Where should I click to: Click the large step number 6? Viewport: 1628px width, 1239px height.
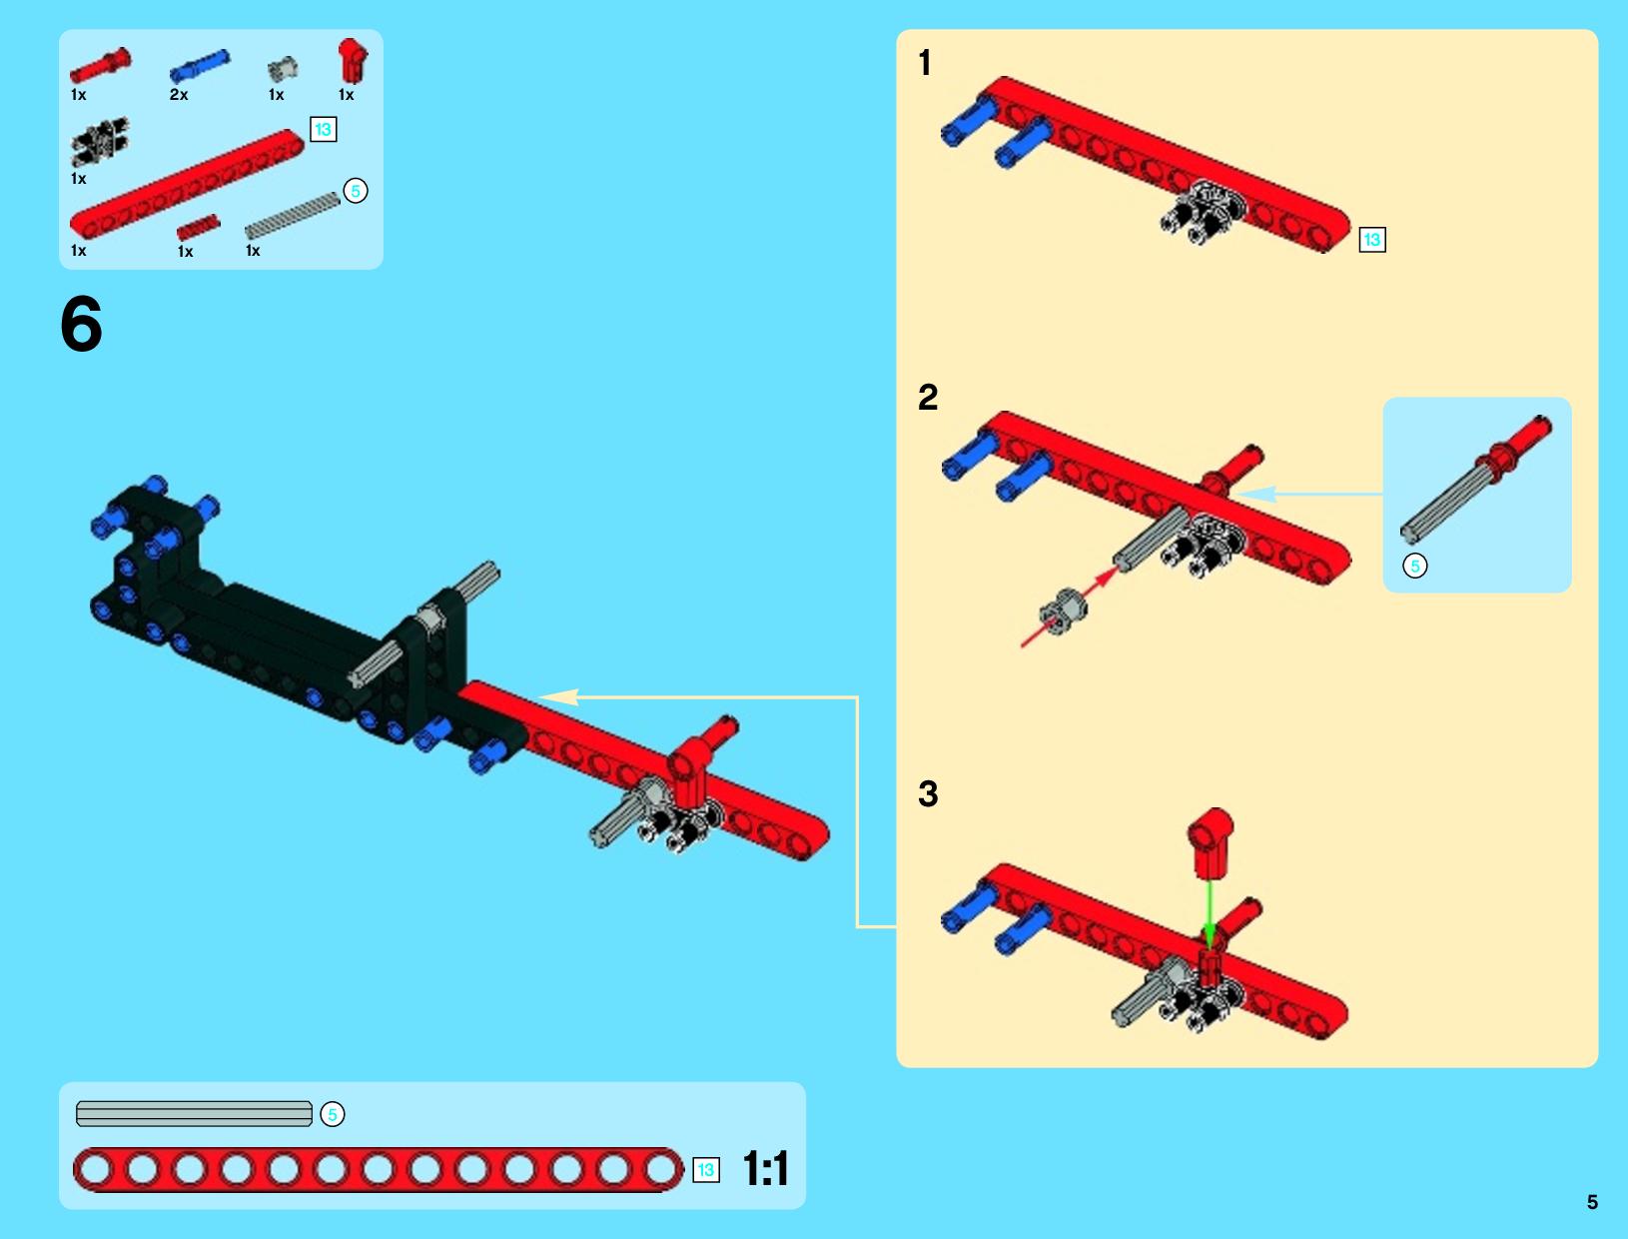pos(81,324)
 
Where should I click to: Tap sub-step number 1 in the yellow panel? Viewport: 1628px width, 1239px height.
pos(924,62)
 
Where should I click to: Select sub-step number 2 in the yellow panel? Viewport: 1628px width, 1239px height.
pos(928,397)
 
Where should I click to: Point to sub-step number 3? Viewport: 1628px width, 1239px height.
pos(928,793)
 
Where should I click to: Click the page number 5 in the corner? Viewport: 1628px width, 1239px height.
pos(1592,1202)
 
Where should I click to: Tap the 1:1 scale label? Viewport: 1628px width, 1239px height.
pos(765,1168)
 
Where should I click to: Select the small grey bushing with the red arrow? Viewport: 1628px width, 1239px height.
pos(1064,610)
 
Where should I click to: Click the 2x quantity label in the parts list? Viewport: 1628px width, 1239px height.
pos(179,94)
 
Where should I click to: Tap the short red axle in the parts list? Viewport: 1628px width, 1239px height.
pos(198,227)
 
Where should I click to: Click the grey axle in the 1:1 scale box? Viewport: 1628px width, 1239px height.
pos(195,1114)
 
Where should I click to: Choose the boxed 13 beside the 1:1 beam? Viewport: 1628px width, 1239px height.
pos(706,1170)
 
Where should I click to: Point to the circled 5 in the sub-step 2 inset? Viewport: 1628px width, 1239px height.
pos(1415,567)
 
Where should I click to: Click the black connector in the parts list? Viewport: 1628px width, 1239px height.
pos(100,141)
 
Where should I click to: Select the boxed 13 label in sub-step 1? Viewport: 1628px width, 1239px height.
pos(1372,240)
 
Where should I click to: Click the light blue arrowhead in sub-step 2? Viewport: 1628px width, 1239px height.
pos(1255,494)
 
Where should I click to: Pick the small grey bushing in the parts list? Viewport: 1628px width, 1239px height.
pos(283,69)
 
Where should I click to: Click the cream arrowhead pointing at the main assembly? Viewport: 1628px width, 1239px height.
pos(558,696)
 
